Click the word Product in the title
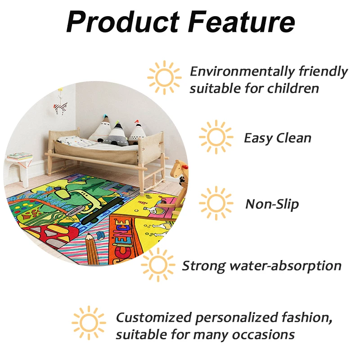click(x=123, y=22)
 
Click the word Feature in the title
click(x=242, y=22)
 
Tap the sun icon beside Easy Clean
click(x=216, y=137)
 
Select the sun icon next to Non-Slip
click(x=216, y=203)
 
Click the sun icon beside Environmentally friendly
click(x=164, y=77)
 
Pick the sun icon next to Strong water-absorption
click(x=158, y=265)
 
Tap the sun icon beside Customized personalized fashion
click(x=89, y=323)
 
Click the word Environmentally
click(x=242, y=72)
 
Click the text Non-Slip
click(x=272, y=204)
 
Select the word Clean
click(x=294, y=138)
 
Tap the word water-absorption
click(x=286, y=266)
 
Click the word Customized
click(x=154, y=318)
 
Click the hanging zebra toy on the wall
click(x=60, y=108)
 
